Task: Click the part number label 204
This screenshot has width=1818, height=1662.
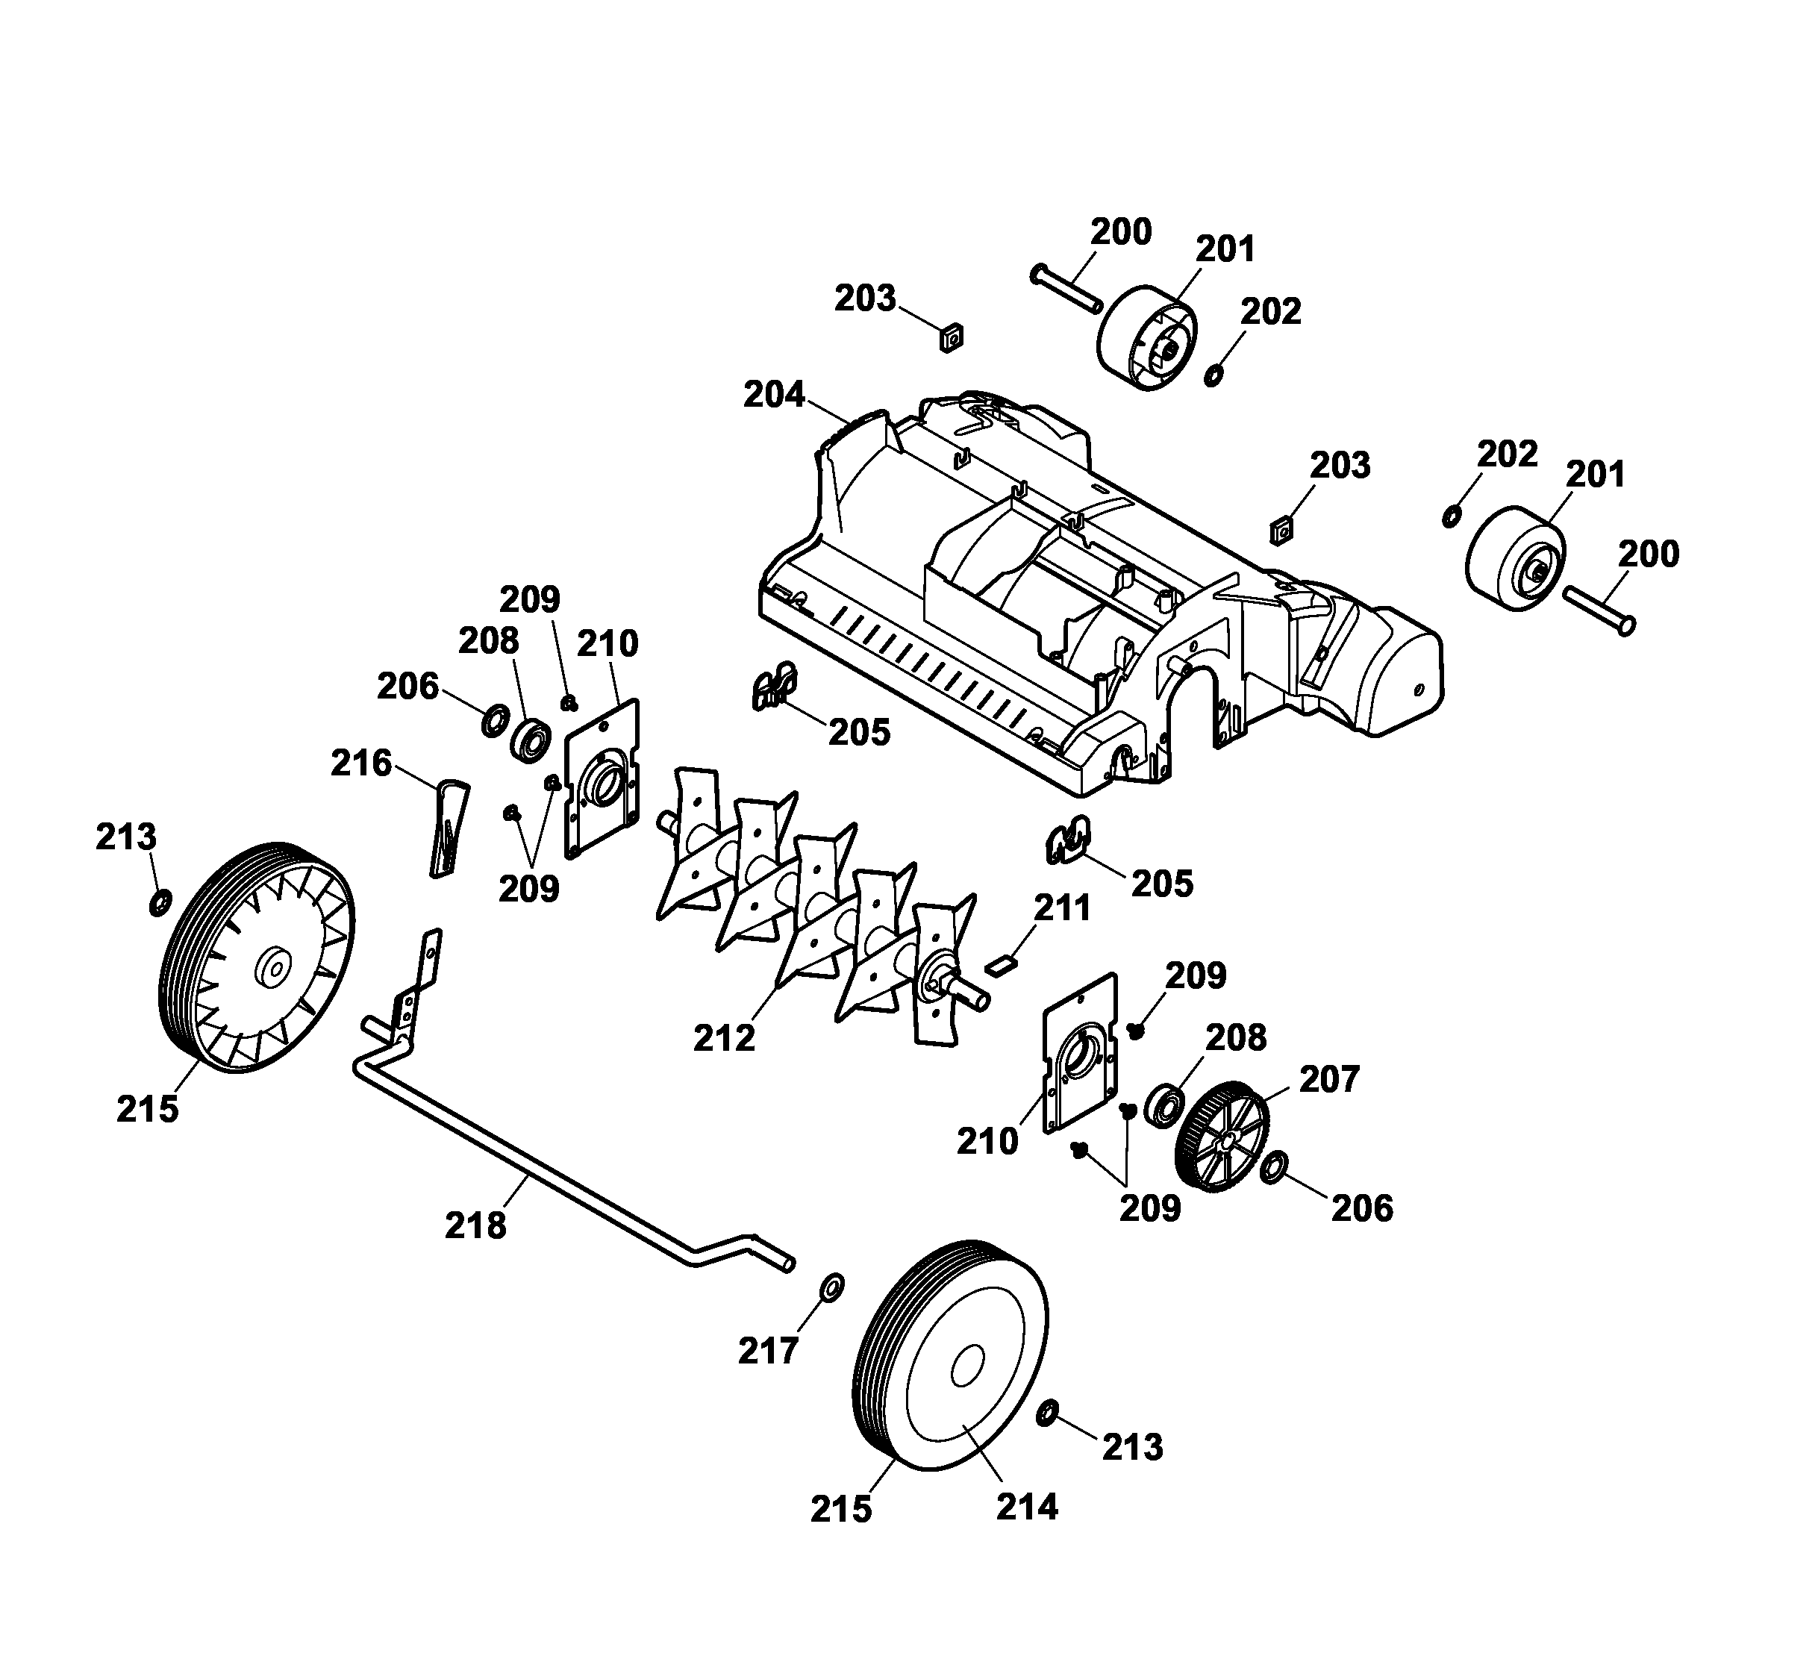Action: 774,395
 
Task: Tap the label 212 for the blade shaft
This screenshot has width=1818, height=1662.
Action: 724,1038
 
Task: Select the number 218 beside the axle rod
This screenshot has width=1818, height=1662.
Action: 475,1225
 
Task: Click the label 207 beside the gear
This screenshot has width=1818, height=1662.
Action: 1328,1079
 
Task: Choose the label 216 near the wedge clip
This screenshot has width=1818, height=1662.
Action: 360,763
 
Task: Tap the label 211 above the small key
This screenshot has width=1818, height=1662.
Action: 1061,908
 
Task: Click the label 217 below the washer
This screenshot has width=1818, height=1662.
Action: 769,1351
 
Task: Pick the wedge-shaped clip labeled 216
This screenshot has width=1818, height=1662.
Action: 446,828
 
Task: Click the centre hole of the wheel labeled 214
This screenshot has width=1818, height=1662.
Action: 966,1366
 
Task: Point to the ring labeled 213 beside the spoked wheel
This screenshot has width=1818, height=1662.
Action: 160,903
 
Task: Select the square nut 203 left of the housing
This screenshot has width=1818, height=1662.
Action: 952,338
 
